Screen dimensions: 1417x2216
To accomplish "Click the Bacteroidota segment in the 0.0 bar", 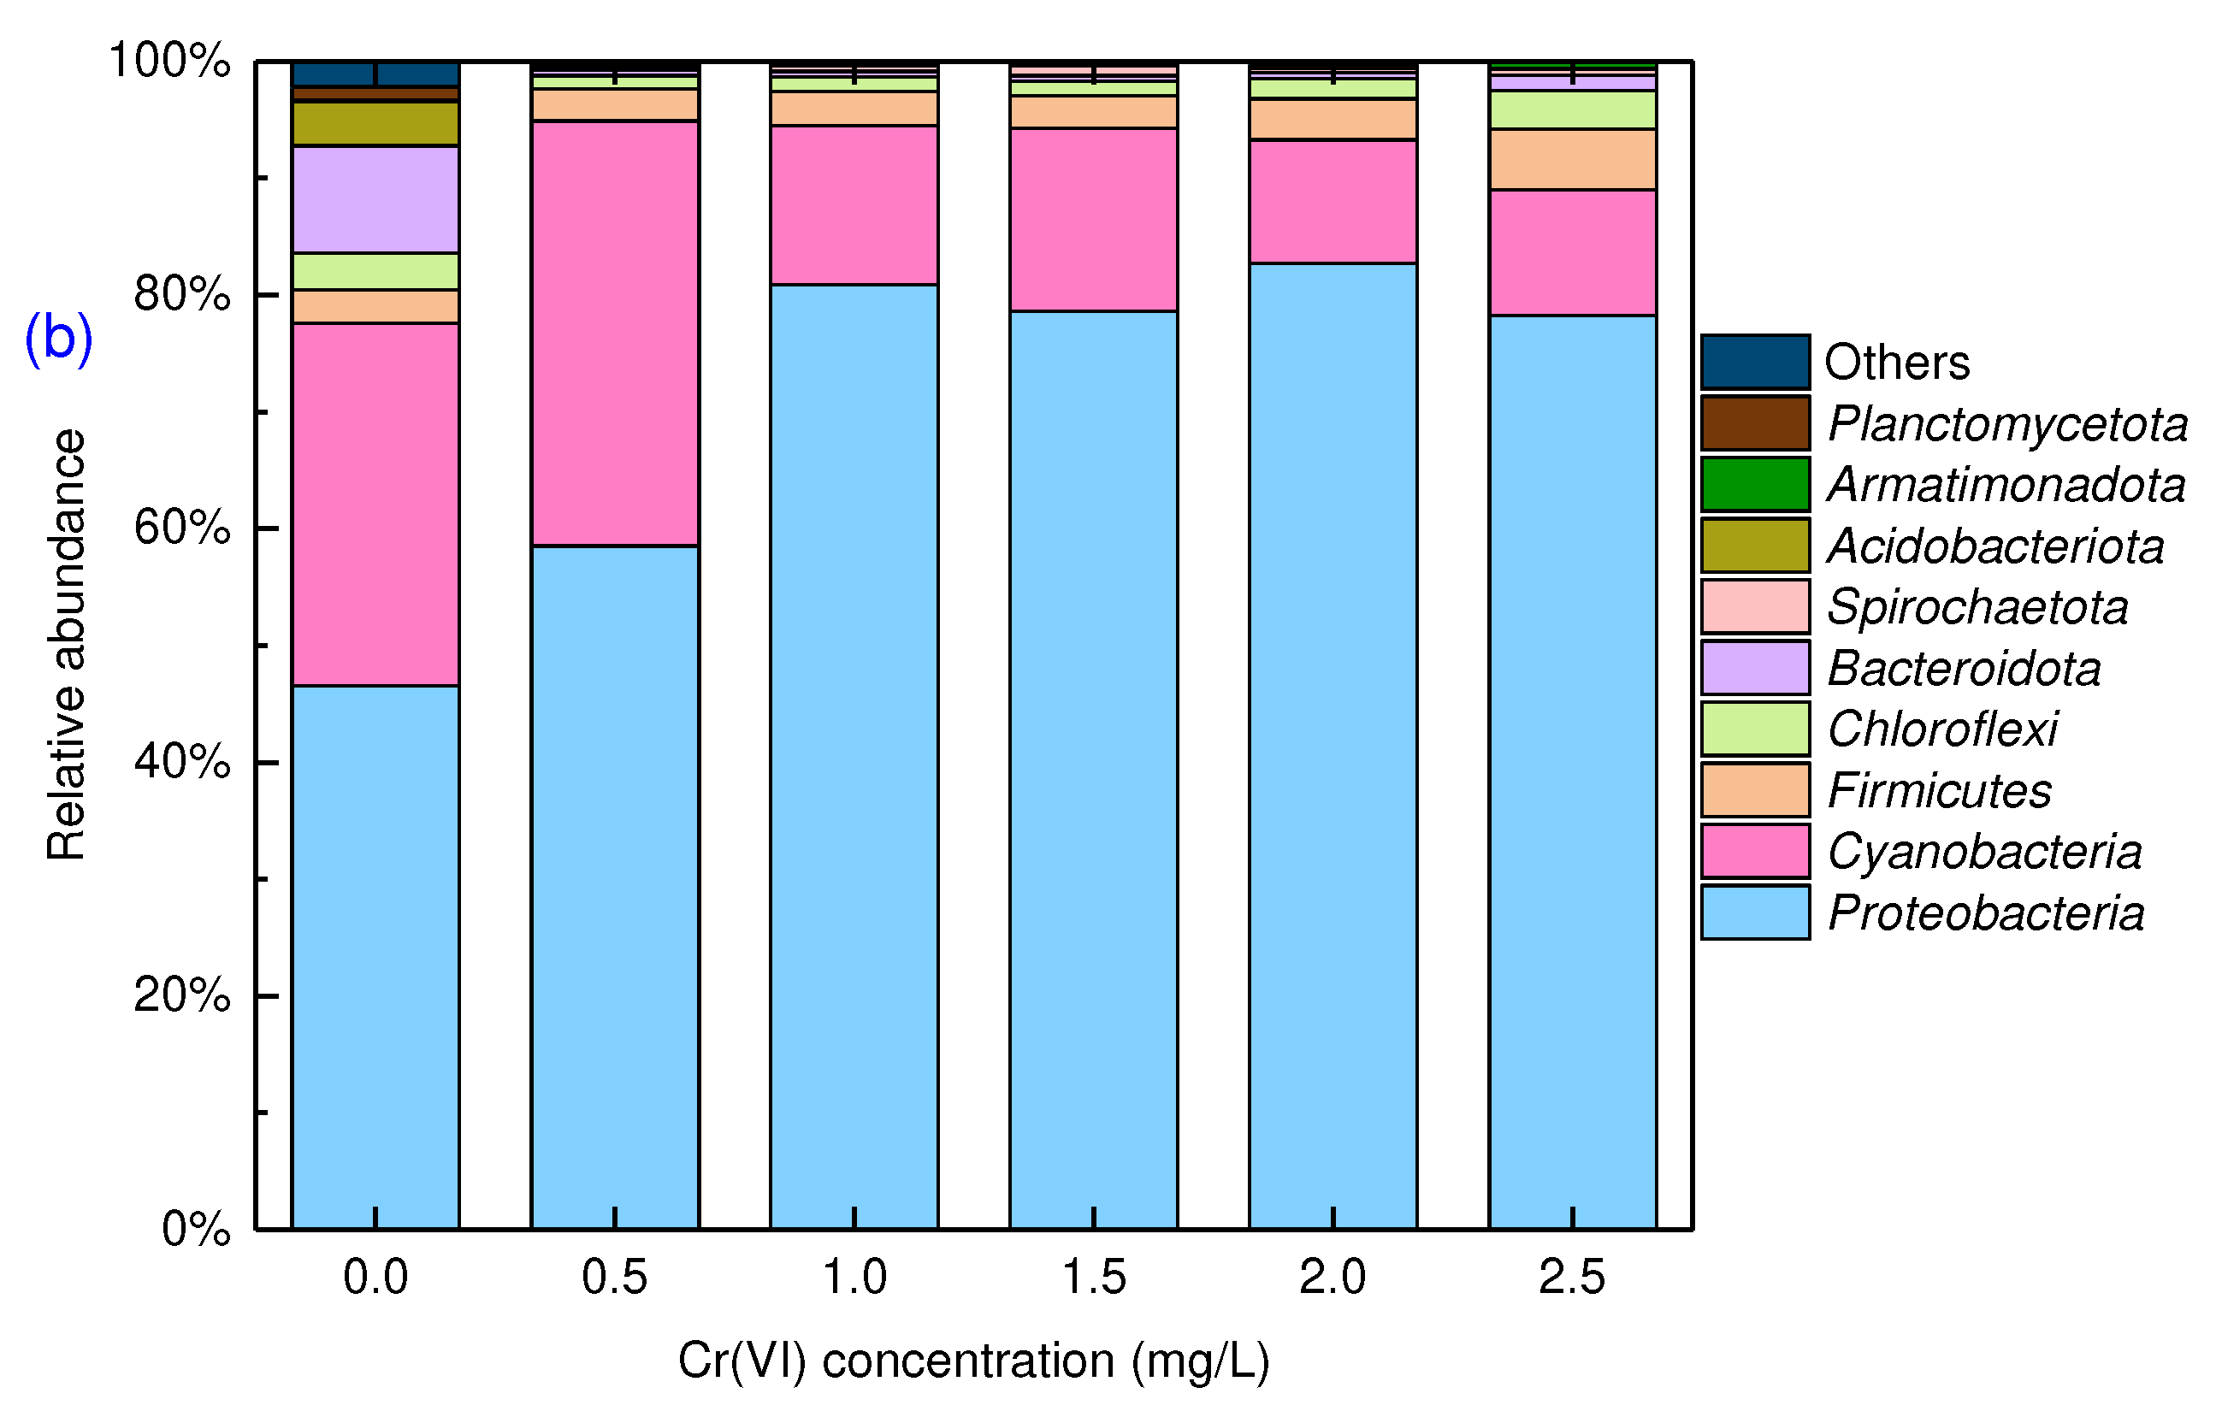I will click(375, 198).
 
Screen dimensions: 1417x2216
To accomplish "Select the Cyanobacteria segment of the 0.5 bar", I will click(615, 334).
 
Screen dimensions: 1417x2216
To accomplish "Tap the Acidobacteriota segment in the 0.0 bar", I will click(375, 123).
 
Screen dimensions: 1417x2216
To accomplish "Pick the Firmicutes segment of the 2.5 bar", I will click(1573, 159).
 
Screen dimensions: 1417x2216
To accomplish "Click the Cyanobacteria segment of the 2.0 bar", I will click(1333, 202).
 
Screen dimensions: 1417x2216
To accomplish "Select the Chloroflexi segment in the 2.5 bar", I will click(1573, 109).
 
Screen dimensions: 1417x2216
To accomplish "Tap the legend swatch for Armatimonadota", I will click(1755, 484).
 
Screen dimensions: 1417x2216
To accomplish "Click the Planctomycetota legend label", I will click(2007, 423).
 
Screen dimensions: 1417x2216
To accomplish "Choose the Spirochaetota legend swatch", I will click(1755, 606).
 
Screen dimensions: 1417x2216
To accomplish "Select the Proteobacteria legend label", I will click(1986, 912).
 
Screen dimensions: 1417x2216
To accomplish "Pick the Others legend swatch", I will click(1755, 362).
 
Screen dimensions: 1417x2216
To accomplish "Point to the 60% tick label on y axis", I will click(182, 528).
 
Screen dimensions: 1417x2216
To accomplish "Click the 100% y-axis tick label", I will click(169, 61).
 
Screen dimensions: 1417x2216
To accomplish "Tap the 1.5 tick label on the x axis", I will click(1093, 1277).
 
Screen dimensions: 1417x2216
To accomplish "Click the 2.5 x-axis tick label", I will click(1572, 1277).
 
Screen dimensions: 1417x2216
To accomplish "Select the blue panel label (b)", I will click(58, 338).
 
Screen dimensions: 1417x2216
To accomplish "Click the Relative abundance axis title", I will click(66, 644).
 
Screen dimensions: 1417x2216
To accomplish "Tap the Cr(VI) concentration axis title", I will click(973, 1360).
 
